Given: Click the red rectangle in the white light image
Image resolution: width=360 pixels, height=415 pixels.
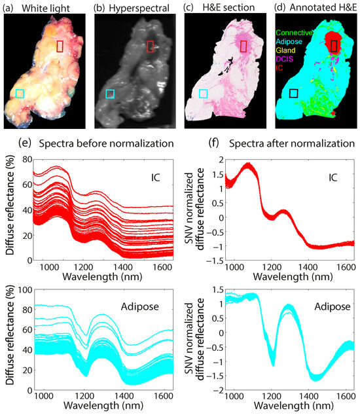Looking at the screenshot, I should pos(60,46).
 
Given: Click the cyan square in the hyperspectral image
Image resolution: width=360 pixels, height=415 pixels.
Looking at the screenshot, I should pos(110,94).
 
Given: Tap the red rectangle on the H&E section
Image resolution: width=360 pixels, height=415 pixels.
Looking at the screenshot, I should pos(243,46).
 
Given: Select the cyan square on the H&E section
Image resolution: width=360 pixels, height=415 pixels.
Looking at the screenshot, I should pos(204,94).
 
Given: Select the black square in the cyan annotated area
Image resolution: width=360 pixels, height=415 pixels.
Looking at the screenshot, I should pos(294,94).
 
